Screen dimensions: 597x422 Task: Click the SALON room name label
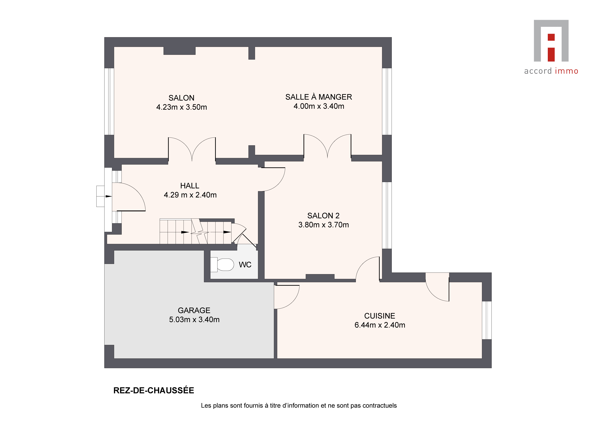(181, 98)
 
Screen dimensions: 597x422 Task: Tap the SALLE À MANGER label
(319, 97)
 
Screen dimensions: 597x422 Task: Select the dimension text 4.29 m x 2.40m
(190, 195)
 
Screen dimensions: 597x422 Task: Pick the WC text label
(245, 265)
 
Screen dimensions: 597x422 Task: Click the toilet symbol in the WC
(222, 265)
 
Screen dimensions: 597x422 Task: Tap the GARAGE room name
(194, 310)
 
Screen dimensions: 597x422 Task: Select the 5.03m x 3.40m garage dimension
(194, 320)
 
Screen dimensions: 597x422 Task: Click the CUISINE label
(380, 316)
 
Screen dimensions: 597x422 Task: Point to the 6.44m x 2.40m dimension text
(380, 325)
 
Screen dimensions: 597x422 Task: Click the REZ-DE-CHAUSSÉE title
(154, 391)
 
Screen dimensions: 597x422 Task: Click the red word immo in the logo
(566, 71)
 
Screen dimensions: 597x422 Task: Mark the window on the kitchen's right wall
(487, 320)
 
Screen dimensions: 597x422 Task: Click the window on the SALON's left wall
(109, 101)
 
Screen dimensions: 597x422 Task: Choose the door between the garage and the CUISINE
(287, 297)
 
